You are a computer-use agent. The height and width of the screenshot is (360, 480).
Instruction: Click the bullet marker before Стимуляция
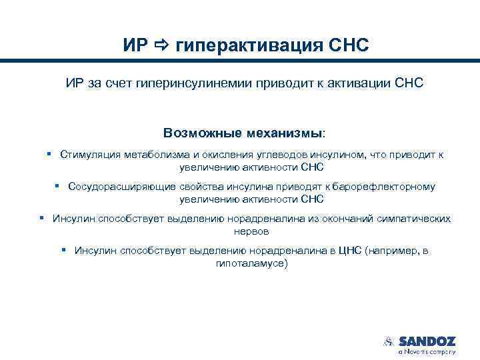(50, 154)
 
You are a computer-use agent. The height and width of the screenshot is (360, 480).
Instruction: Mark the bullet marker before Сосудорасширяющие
(58, 186)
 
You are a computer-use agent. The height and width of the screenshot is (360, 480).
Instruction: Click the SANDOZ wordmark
(427, 341)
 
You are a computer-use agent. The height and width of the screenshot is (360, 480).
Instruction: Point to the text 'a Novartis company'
(427, 351)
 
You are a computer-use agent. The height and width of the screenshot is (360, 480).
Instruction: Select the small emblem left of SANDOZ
(388, 341)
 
